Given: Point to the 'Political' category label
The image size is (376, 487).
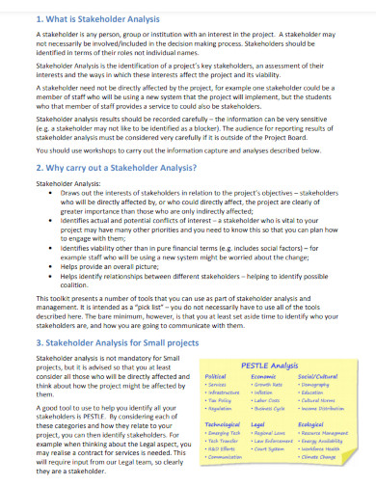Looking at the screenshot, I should [217, 349].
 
